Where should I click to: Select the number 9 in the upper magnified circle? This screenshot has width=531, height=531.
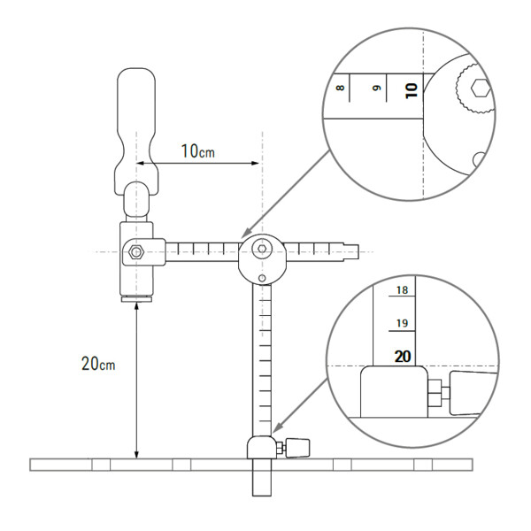pos(375,88)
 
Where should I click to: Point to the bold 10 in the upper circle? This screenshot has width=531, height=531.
pos(410,89)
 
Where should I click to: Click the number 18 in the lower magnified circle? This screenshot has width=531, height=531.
pos(403,290)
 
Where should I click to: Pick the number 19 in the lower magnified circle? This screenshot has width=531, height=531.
pos(403,323)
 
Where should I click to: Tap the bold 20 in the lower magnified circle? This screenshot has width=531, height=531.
pos(403,357)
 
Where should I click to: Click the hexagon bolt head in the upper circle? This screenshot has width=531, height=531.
pos(480,88)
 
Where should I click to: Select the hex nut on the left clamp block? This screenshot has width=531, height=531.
pos(135,252)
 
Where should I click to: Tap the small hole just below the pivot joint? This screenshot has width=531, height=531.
pos(262,280)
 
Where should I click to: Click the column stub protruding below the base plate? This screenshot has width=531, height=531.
pos(261,482)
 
